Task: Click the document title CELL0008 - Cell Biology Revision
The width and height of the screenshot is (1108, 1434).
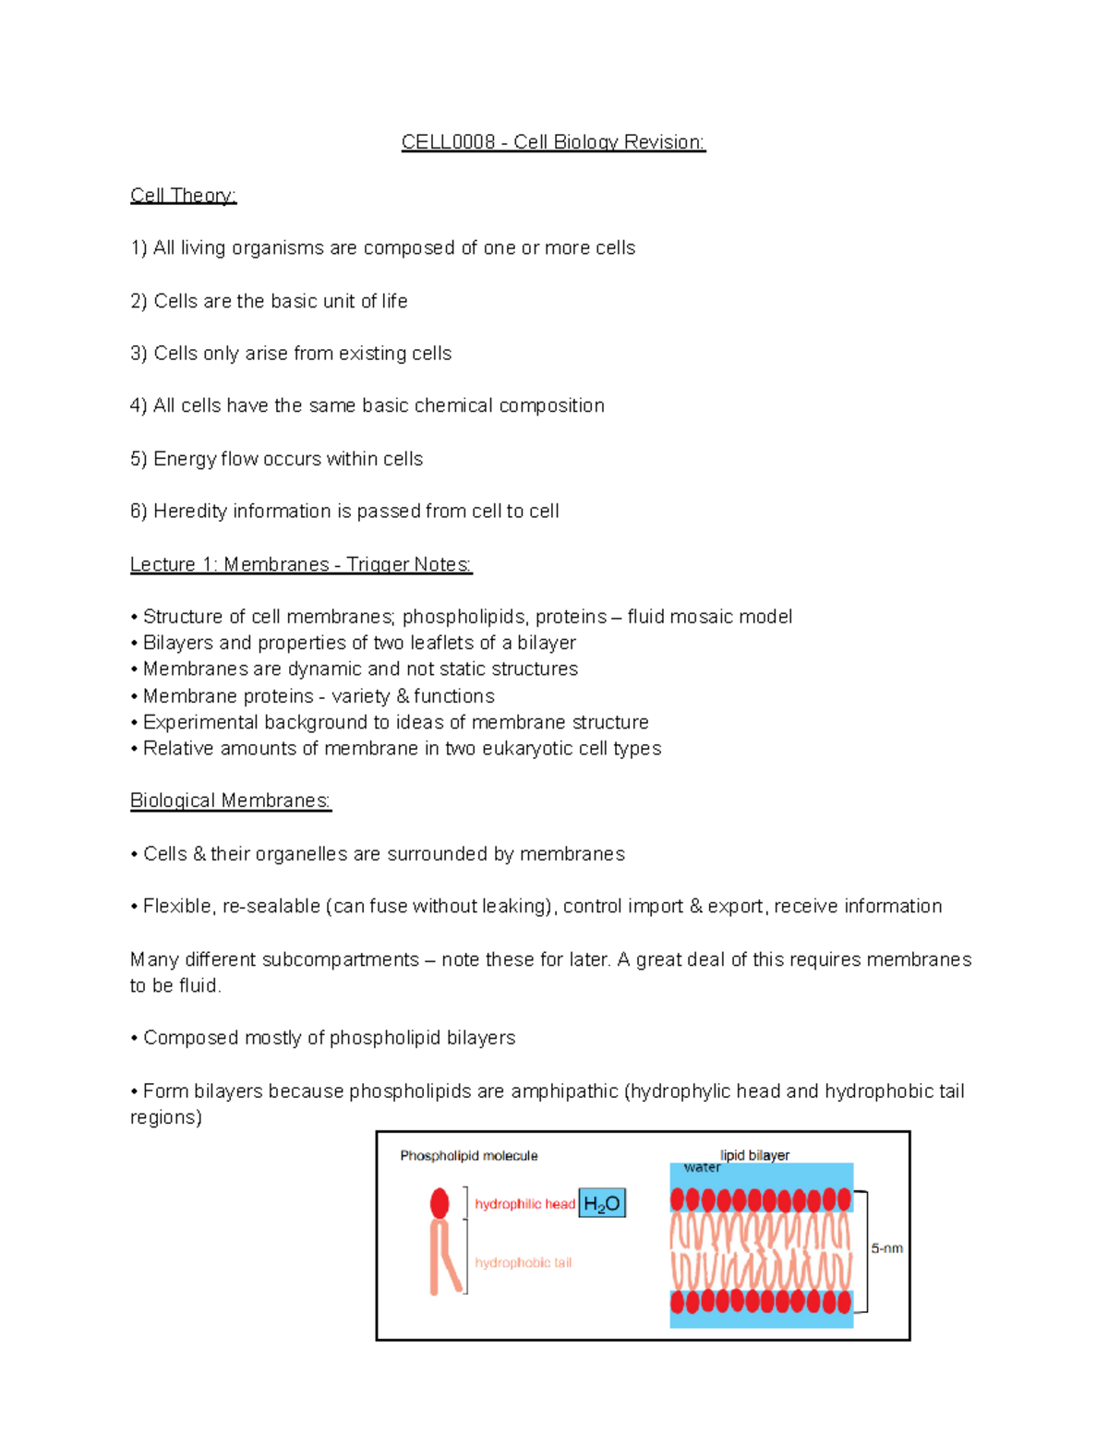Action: click(x=553, y=142)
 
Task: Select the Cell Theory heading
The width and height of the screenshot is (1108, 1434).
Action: click(x=183, y=196)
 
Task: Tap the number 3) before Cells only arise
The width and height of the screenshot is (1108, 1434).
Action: click(x=138, y=354)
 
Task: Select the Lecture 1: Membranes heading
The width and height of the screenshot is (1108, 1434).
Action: click(x=301, y=564)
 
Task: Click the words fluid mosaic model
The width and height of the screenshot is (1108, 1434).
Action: click(x=709, y=617)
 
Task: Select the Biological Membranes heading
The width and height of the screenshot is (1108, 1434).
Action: click(x=230, y=801)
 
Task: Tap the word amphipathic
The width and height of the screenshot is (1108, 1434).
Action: click(x=564, y=1091)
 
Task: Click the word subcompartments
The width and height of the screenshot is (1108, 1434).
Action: click(x=341, y=960)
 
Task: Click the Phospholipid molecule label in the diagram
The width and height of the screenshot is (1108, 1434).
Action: click(x=468, y=1156)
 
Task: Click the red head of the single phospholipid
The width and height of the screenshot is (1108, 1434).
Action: click(x=440, y=1203)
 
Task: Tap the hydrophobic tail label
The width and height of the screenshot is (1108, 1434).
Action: click(x=523, y=1263)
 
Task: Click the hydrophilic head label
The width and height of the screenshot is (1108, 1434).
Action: click(x=524, y=1204)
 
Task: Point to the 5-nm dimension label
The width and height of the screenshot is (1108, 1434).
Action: click(x=887, y=1248)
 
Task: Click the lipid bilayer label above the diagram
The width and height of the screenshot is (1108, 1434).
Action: click(x=754, y=1155)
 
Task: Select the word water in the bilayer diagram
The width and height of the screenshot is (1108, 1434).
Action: click(x=702, y=1168)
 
